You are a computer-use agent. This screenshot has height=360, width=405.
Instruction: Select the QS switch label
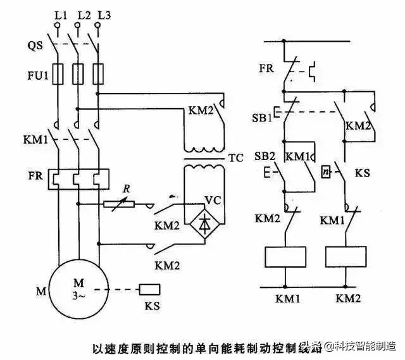pyautogui.click(x=35, y=45)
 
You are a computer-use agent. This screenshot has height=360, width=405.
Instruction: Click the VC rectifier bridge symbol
pyautogui.click(x=203, y=222)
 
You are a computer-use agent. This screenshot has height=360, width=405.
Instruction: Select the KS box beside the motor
pyautogui.click(x=149, y=290)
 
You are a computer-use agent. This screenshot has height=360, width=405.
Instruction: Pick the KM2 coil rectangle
pyautogui.click(x=346, y=256)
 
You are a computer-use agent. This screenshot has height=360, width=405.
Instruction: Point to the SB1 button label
pyautogui.click(x=264, y=118)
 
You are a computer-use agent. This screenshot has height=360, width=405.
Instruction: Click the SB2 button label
pyautogui.click(x=264, y=156)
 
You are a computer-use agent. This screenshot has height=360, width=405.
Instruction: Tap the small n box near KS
pyautogui.click(x=325, y=170)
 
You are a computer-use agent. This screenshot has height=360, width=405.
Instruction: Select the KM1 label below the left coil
pyautogui.click(x=284, y=297)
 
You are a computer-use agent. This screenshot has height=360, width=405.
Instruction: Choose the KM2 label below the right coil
pyautogui.click(x=348, y=297)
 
